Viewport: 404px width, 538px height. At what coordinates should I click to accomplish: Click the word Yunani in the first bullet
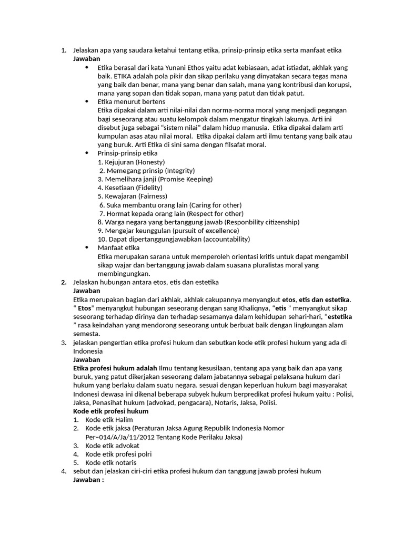click(172, 68)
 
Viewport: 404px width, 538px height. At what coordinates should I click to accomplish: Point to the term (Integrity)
click(179, 171)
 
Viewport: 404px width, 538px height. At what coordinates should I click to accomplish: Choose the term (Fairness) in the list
click(149, 196)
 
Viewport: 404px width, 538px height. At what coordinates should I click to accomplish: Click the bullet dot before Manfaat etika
click(87, 247)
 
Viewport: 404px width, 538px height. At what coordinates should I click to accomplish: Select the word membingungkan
click(124, 273)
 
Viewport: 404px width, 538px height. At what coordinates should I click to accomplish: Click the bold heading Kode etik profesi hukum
click(110, 411)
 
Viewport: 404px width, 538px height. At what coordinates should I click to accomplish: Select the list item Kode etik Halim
click(109, 420)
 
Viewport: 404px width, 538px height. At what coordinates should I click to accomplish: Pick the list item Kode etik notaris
click(110, 462)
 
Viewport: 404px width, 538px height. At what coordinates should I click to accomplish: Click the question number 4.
click(63, 471)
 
